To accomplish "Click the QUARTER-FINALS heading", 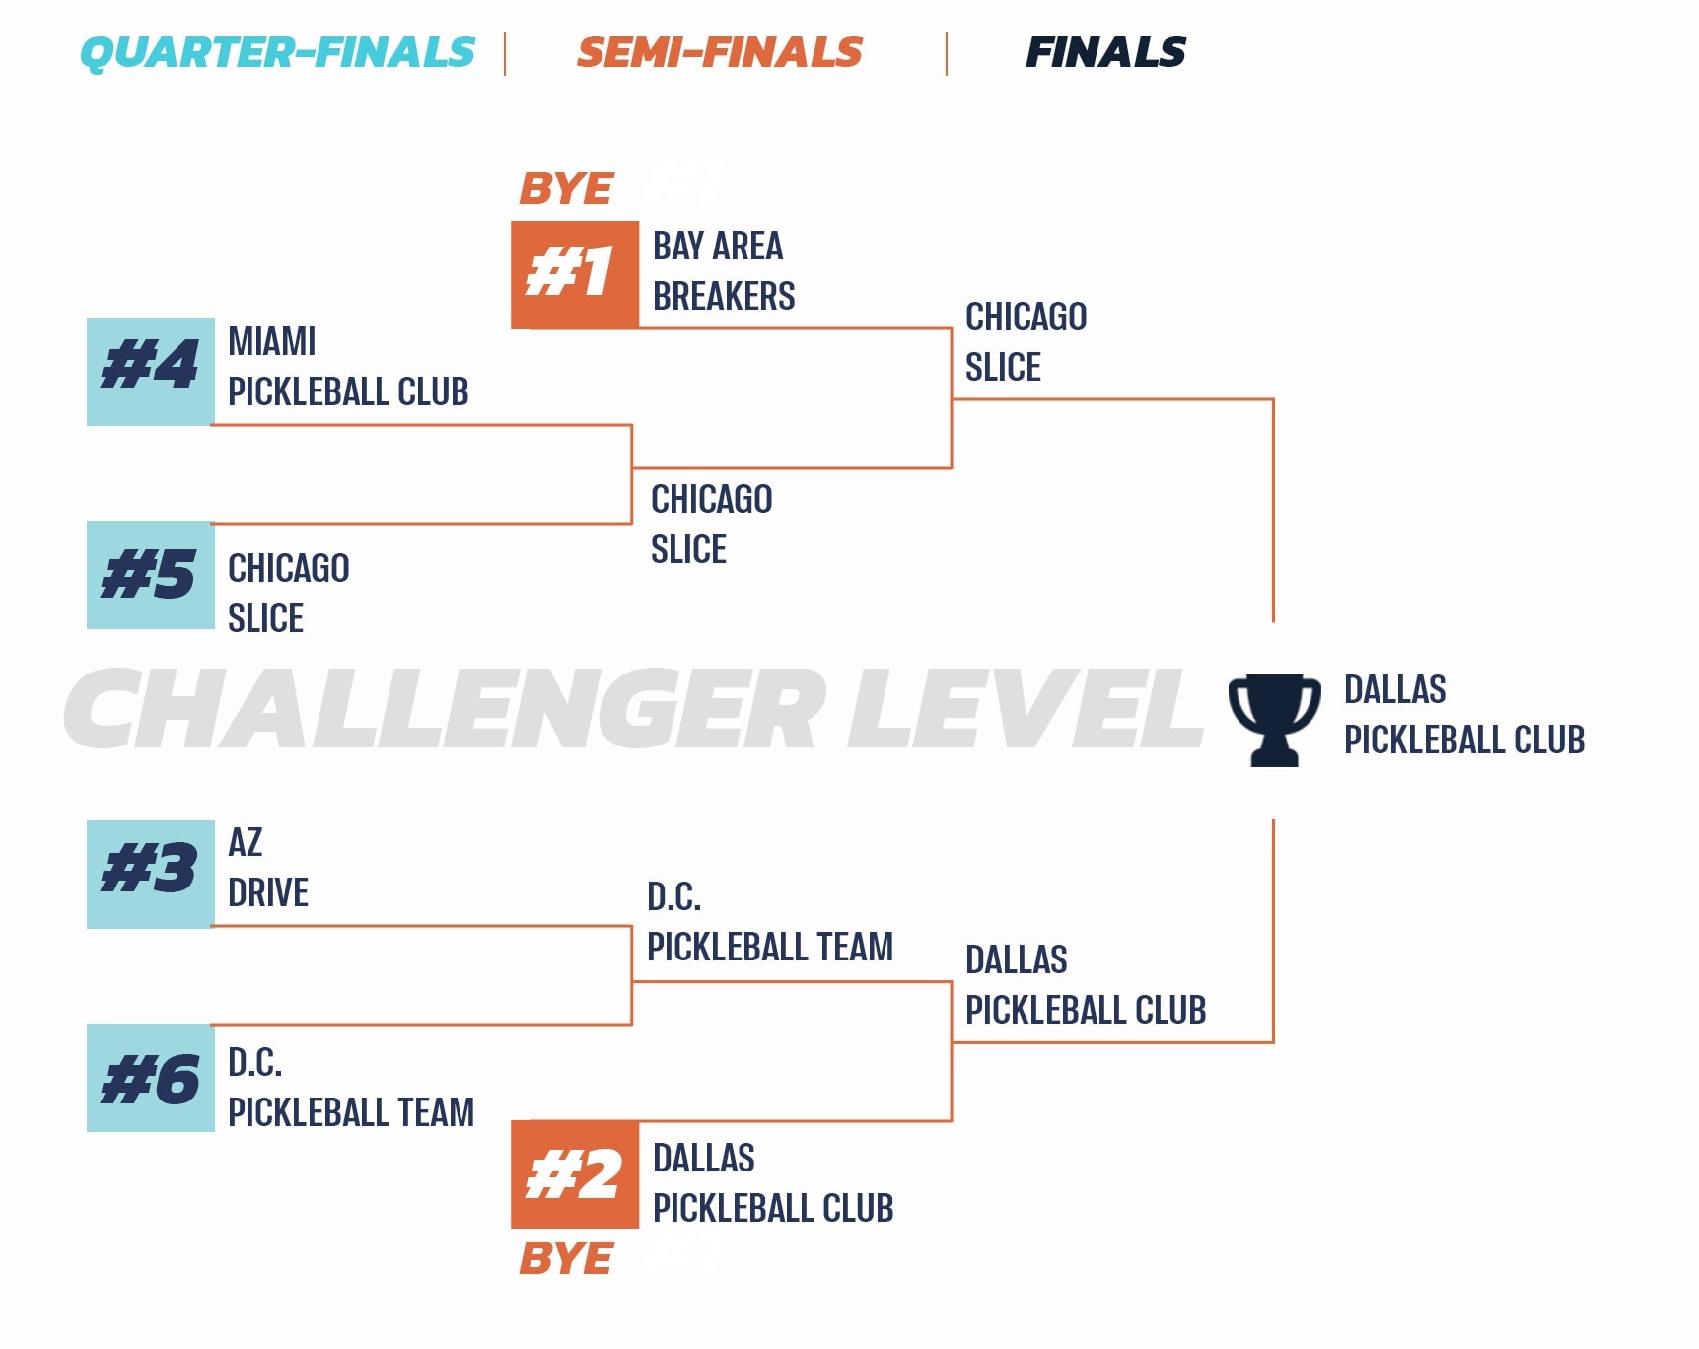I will click(277, 52).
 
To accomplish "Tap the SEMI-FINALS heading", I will click(720, 52).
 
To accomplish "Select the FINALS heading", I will click(1105, 52).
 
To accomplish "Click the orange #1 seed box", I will click(575, 274).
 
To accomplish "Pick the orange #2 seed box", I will click(575, 1174).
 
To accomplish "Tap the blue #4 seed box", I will click(151, 371).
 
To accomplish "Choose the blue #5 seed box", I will click(151, 575).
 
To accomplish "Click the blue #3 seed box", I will click(151, 874).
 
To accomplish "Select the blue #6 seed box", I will click(151, 1078).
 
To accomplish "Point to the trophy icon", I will click(1274, 720).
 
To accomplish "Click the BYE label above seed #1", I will click(566, 188).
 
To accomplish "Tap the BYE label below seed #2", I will click(566, 1258).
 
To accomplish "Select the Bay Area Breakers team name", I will click(724, 271).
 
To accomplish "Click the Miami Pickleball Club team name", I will click(348, 367).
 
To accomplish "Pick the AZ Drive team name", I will click(268, 868).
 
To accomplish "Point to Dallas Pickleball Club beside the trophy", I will click(1464, 715).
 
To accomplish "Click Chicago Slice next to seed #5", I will click(289, 594).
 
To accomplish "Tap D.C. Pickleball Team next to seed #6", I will click(351, 1088).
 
